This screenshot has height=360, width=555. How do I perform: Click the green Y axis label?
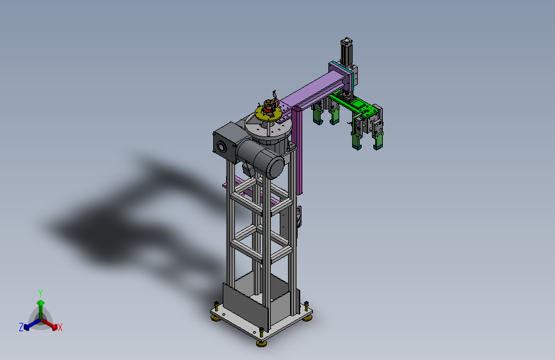(x=40, y=293)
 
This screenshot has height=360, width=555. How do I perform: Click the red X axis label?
(x=60, y=327)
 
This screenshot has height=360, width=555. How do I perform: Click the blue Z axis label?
(x=21, y=327)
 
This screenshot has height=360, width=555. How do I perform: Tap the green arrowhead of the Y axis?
(x=41, y=303)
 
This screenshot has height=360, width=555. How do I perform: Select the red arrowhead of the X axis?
(x=54, y=327)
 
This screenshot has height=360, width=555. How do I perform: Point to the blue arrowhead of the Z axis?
(x=26, y=327)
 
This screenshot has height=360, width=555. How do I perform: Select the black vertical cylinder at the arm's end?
(x=346, y=52)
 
